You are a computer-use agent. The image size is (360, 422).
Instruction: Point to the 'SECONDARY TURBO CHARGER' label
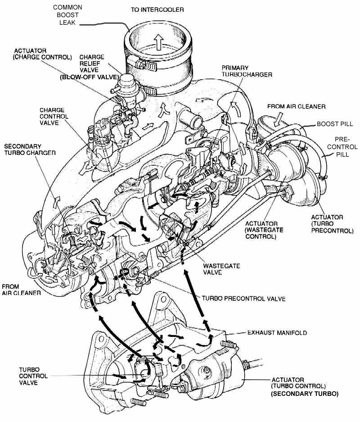(30, 150)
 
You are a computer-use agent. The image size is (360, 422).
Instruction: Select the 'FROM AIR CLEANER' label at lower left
(22, 289)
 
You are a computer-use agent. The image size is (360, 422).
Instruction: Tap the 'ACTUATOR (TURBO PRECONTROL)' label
(327, 224)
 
